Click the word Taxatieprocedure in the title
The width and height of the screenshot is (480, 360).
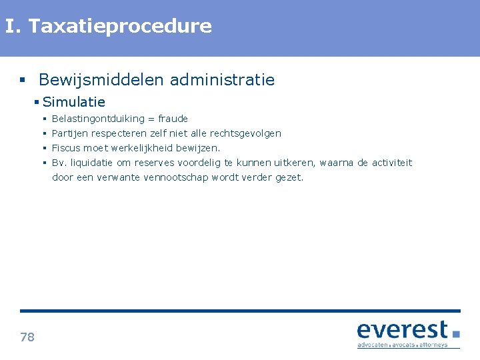(x=120, y=27)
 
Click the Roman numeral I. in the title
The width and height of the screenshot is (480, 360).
(x=13, y=27)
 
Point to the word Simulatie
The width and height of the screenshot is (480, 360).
(x=74, y=102)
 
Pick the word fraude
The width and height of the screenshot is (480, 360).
(x=173, y=119)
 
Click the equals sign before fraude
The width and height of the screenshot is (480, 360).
(x=151, y=119)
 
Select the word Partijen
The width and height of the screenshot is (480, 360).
(x=71, y=133)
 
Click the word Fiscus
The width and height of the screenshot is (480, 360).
(x=66, y=148)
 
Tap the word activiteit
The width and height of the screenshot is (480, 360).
(x=392, y=163)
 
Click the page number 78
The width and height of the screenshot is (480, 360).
(x=27, y=337)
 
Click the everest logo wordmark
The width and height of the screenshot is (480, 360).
(x=402, y=330)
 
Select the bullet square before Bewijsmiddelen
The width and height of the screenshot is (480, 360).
(x=23, y=81)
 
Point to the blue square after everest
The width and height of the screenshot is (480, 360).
(x=456, y=333)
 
